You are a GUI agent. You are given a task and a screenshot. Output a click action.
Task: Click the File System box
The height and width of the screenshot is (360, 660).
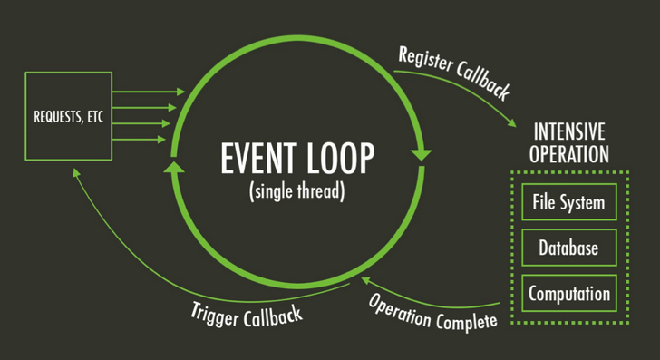[x=568, y=201]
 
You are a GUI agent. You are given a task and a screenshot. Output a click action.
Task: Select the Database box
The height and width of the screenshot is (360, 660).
[x=568, y=248]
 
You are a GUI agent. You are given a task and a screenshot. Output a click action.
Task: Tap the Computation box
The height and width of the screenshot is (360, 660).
[x=568, y=294]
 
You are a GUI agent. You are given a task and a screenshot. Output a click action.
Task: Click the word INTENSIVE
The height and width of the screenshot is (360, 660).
[x=569, y=129]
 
